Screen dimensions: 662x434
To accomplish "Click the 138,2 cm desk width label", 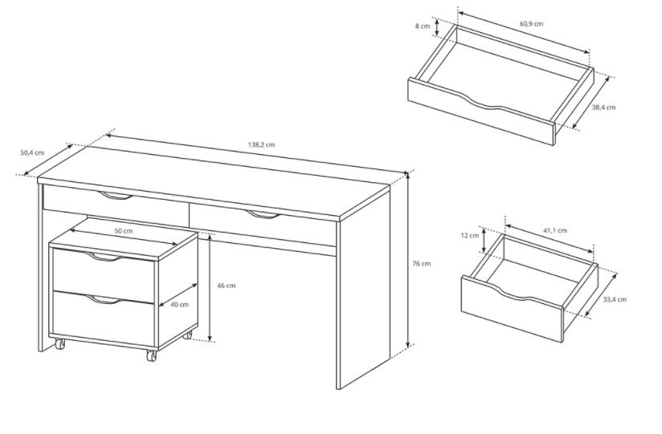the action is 261,144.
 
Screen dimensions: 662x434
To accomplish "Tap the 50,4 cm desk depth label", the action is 32,152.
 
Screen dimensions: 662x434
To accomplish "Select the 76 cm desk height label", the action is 421,264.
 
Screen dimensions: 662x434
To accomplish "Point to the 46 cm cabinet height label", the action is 227,286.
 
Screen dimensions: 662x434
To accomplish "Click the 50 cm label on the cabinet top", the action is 123,231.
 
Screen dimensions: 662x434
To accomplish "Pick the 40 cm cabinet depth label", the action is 179,305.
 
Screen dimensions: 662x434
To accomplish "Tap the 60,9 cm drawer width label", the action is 531,23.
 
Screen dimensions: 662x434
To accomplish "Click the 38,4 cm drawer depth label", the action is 603,107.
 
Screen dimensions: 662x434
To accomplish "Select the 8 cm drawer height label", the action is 423,26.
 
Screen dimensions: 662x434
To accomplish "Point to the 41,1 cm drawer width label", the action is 555,230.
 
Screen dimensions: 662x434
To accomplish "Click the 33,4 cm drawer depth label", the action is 615,299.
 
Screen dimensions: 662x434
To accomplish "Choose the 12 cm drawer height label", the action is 469,235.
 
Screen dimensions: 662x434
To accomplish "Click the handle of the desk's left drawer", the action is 115,195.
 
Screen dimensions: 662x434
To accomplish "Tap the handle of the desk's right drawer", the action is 262,215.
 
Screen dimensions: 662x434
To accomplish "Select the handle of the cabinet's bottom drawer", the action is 104,299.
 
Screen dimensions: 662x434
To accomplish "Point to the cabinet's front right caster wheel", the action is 151,355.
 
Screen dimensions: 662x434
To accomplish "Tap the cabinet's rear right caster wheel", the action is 187,335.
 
